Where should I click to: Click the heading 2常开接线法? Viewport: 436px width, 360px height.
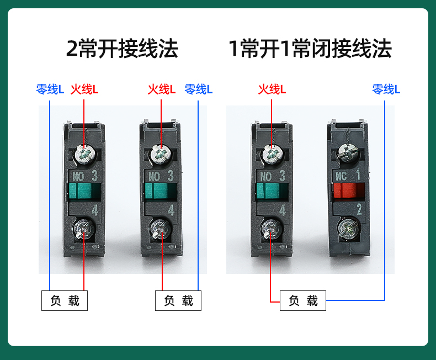coord(122,49)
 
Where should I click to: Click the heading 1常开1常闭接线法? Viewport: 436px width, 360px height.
coord(310,49)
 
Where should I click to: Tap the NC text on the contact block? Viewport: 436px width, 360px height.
coord(341,176)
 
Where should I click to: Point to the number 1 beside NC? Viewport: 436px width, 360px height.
coord(358,174)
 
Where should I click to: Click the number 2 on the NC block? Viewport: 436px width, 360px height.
coord(359,209)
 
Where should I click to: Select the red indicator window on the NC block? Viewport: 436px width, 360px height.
coord(348,192)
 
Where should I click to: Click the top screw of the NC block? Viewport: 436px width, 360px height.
coord(348,153)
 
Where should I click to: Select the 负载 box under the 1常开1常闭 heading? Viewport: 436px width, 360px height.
coord(303,300)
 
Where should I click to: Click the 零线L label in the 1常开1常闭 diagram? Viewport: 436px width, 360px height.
coord(386,89)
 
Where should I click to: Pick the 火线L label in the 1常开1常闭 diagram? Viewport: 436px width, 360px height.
coord(272,89)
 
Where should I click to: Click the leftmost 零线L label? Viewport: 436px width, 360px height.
coord(50,89)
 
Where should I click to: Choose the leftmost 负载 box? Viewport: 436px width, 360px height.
coord(65,300)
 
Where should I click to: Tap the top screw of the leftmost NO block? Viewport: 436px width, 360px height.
coord(85,154)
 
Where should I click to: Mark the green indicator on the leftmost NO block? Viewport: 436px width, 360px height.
coord(84,190)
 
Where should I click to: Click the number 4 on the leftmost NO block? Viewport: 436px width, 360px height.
coord(95,210)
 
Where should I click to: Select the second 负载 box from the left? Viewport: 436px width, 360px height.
coord(178,300)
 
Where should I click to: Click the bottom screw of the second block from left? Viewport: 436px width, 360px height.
coord(160,229)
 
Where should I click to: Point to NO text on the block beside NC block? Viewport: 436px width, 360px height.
coord(266,177)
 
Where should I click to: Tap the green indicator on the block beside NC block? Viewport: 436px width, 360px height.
coord(272,190)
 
